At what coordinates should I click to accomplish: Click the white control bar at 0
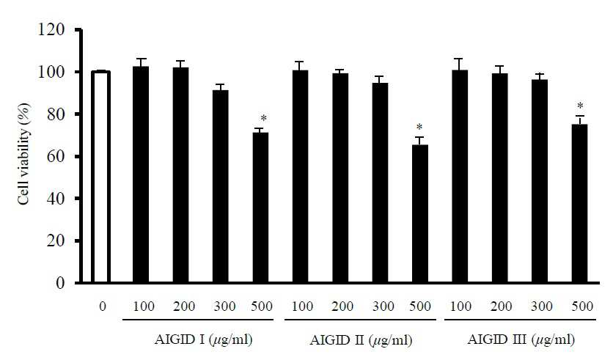pyautogui.click(x=100, y=177)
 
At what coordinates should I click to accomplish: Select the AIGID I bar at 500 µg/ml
pyautogui.click(x=260, y=207)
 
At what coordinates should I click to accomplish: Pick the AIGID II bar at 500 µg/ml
pyautogui.click(x=420, y=213)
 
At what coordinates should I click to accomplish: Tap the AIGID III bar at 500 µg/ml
pyautogui.click(x=579, y=203)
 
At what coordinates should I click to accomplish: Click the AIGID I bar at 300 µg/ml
pyautogui.click(x=221, y=186)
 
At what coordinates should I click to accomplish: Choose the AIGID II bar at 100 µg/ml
pyautogui.click(x=300, y=176)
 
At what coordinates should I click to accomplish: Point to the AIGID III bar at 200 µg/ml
pyautogui.click(x=499, y=178)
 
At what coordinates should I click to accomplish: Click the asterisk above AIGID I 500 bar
pyautogui.click(x=263, y=118)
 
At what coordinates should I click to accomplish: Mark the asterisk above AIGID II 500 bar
pyautogui.click(x=419, y=127)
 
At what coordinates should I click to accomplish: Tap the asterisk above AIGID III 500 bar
pyautogui.click(x=580, y=106)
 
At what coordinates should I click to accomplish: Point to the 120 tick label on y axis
pyautogui.click(x=51, y=30)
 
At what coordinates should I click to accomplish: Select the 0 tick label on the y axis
pyautogui.click(x=60, y=282)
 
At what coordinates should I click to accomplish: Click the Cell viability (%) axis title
pyautogui.click(x=24, y=154)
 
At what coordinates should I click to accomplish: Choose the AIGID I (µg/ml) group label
pyautogui.click(x=203, y=339)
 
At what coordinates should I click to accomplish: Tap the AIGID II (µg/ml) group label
pyautogui.click(x=361, y=340)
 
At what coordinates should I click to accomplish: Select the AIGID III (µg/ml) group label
pyautogui.click(x=521, y=339)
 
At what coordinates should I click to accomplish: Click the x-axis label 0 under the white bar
pyautogui.click(x=103, y=306)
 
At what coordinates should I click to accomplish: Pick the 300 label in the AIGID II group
pyautogui.click(x=383, y=306)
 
